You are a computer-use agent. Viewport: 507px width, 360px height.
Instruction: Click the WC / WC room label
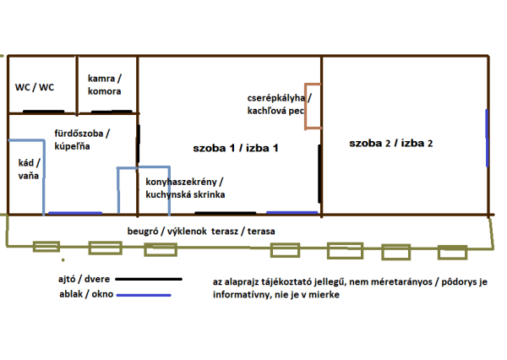35,87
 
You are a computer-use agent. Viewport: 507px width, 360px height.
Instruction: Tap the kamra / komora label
104,85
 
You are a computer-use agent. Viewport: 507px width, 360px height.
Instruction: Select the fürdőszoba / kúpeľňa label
82,139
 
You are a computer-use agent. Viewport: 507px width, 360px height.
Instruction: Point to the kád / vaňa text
29,169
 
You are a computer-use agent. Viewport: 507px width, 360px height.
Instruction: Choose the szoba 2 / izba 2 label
391,144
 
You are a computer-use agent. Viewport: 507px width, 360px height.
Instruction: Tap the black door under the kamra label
110,112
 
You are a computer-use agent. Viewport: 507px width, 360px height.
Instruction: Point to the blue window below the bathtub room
75,213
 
